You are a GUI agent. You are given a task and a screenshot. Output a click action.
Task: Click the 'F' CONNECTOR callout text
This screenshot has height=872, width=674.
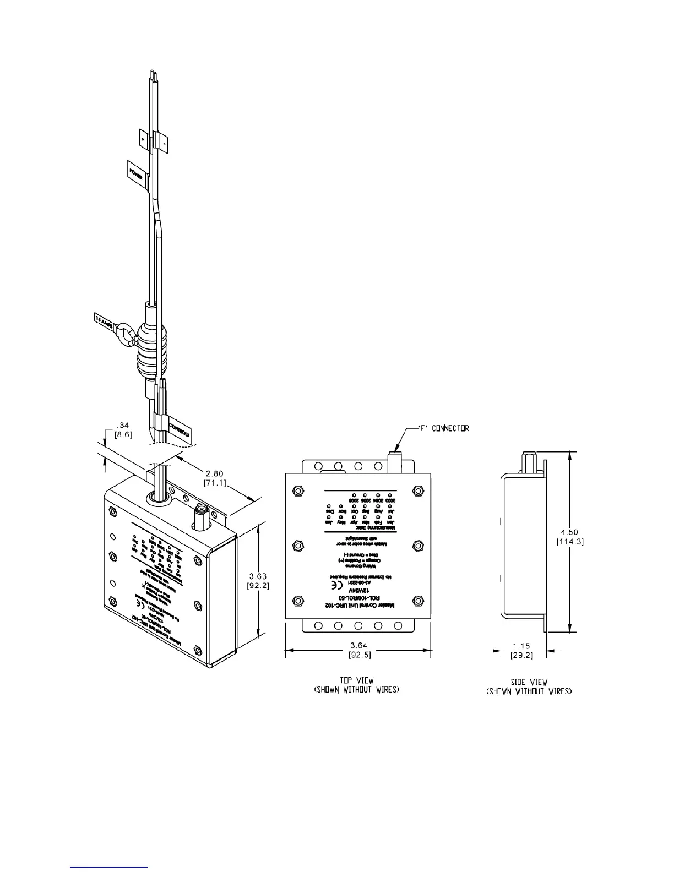(441, 428)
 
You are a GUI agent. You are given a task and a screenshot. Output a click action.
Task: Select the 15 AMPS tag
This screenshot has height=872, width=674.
(104, 321)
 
